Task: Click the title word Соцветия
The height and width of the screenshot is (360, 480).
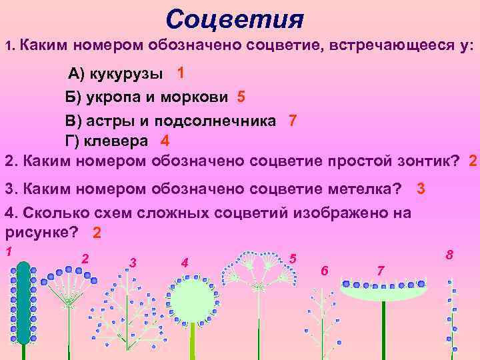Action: [x=234, y=20]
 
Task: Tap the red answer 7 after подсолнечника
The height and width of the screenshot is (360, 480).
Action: [x=292, y=121]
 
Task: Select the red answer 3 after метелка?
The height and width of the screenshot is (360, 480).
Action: [x=420, y=189]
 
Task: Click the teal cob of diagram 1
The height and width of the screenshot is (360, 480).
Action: [x=24, y=303]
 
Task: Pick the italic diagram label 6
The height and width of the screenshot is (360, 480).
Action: [x=324, y=271]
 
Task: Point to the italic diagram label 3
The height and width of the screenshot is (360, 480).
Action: [x=133, y=262]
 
